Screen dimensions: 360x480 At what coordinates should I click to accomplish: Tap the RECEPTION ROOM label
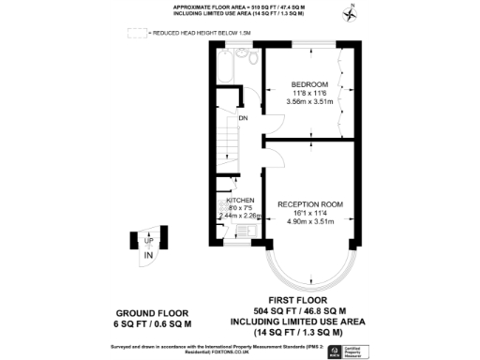pyautogui.click(x=309, y=203)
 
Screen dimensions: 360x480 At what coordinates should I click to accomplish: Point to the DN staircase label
pyautogui.click(x=242, y=118)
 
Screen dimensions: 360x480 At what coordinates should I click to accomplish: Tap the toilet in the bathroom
pyautogui.click(x=249, y=58)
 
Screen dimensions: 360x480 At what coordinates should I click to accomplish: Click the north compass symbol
pyautogui.click(x=350, y=13)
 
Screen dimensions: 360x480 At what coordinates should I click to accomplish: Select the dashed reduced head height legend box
pyautogui.click(x=138, y=33)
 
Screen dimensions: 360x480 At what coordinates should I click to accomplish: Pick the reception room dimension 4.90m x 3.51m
pyautogui.click(x=309, y=220)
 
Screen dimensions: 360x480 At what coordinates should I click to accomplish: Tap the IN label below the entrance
pyautogui.click(x=146, y=254)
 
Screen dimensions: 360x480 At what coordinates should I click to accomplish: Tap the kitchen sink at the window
pyautogui.click(x=239, y=229)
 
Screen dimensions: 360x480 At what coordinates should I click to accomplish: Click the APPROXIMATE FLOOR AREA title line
pyautogui.click(x=238, y=7)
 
